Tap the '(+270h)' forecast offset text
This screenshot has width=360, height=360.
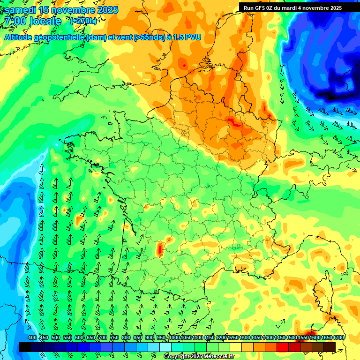pyautogui.click(x=83, y=21)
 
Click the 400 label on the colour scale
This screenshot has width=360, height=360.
pyautogui.click(x=32, y=338)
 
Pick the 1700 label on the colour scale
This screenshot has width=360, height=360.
pyautogui.click(x=339, y=338)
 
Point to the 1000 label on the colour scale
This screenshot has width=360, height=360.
pyautogui.click(x=174, y=338)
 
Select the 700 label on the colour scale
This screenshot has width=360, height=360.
pyautogui.click(x=103, y=338)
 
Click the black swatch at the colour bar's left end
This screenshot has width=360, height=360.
pyautogui.click(x=25, y=347)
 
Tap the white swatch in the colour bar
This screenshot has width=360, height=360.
pyautogui.click(x=165, y=347)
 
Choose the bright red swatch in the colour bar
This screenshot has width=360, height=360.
pyautogui.click(x=283, y=347)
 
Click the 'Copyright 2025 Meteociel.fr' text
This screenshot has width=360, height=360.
pyautogui.click(x=199, y=357)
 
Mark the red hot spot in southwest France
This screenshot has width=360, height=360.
pyautogui.click(x=159, y=248)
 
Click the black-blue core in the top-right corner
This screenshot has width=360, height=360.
pyautogui.click(x=337, y=89)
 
